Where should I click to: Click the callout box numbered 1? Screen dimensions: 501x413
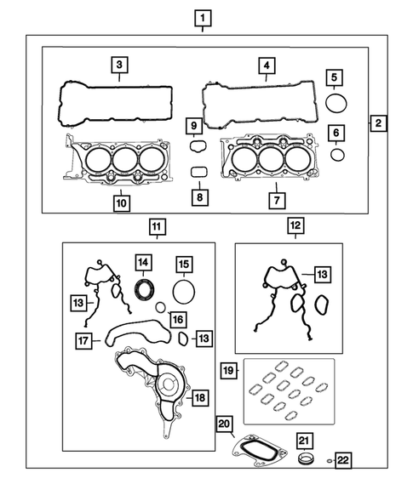coord(202,17)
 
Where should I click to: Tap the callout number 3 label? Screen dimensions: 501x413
coord(120,65)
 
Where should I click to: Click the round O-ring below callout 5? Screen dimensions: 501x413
coord(337,104)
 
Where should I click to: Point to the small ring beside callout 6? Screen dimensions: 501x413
coord(337,154)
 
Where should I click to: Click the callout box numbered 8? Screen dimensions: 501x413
coord(199,197)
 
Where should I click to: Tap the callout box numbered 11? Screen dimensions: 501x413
coord(157,226)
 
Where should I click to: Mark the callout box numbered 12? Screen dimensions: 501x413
coord(294,226)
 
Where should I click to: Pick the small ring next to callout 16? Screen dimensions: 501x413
coord(161,306)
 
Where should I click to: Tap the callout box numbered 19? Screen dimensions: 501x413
coord(228,370)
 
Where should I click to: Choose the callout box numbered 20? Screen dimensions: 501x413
coord(224,424)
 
